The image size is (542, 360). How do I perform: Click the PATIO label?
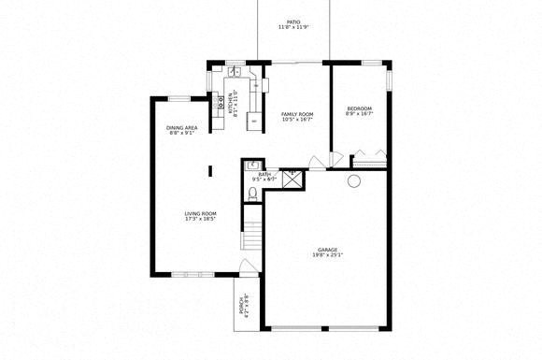coord(294,24)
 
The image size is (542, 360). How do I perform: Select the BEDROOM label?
coord(359,111)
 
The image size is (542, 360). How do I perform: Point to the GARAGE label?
coord(327,252)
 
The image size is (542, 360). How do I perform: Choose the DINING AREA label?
coord(181,130)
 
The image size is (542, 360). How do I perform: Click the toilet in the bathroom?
coord(252,194)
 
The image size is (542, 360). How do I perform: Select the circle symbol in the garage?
coord(354,181)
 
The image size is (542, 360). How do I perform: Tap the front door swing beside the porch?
coord(248,268)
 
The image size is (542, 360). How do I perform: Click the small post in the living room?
coord(211,169)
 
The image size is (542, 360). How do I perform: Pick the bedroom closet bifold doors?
coord(366,158)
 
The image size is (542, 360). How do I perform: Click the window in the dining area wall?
coord(178,97)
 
